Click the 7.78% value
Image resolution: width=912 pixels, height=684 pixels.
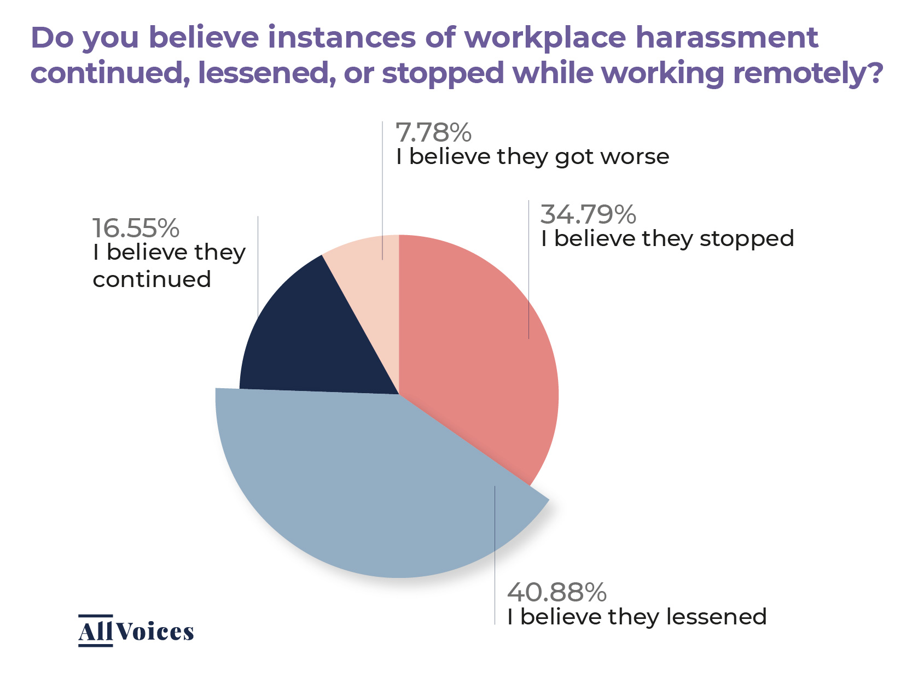[x=433, y=133]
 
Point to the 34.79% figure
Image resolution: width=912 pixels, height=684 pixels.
[x=588, y=214]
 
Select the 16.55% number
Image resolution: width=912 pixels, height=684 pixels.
[x=136, y=228]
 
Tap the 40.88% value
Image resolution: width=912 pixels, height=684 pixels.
[x=556, y=592]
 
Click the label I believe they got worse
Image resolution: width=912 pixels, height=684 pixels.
[x=532, y=157]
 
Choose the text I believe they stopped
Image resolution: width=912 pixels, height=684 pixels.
[x=667, y=239]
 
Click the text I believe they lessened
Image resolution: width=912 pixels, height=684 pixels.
[x=636, y=617]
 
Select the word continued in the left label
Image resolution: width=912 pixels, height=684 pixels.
[x=152, y=279]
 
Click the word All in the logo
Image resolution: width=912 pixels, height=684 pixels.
[x=96, y=632]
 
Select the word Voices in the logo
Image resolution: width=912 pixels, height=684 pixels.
[x=155, y=632]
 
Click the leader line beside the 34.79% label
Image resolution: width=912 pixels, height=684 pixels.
[x=528, y=273]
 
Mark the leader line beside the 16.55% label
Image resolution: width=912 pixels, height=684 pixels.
[x=258, y=268]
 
